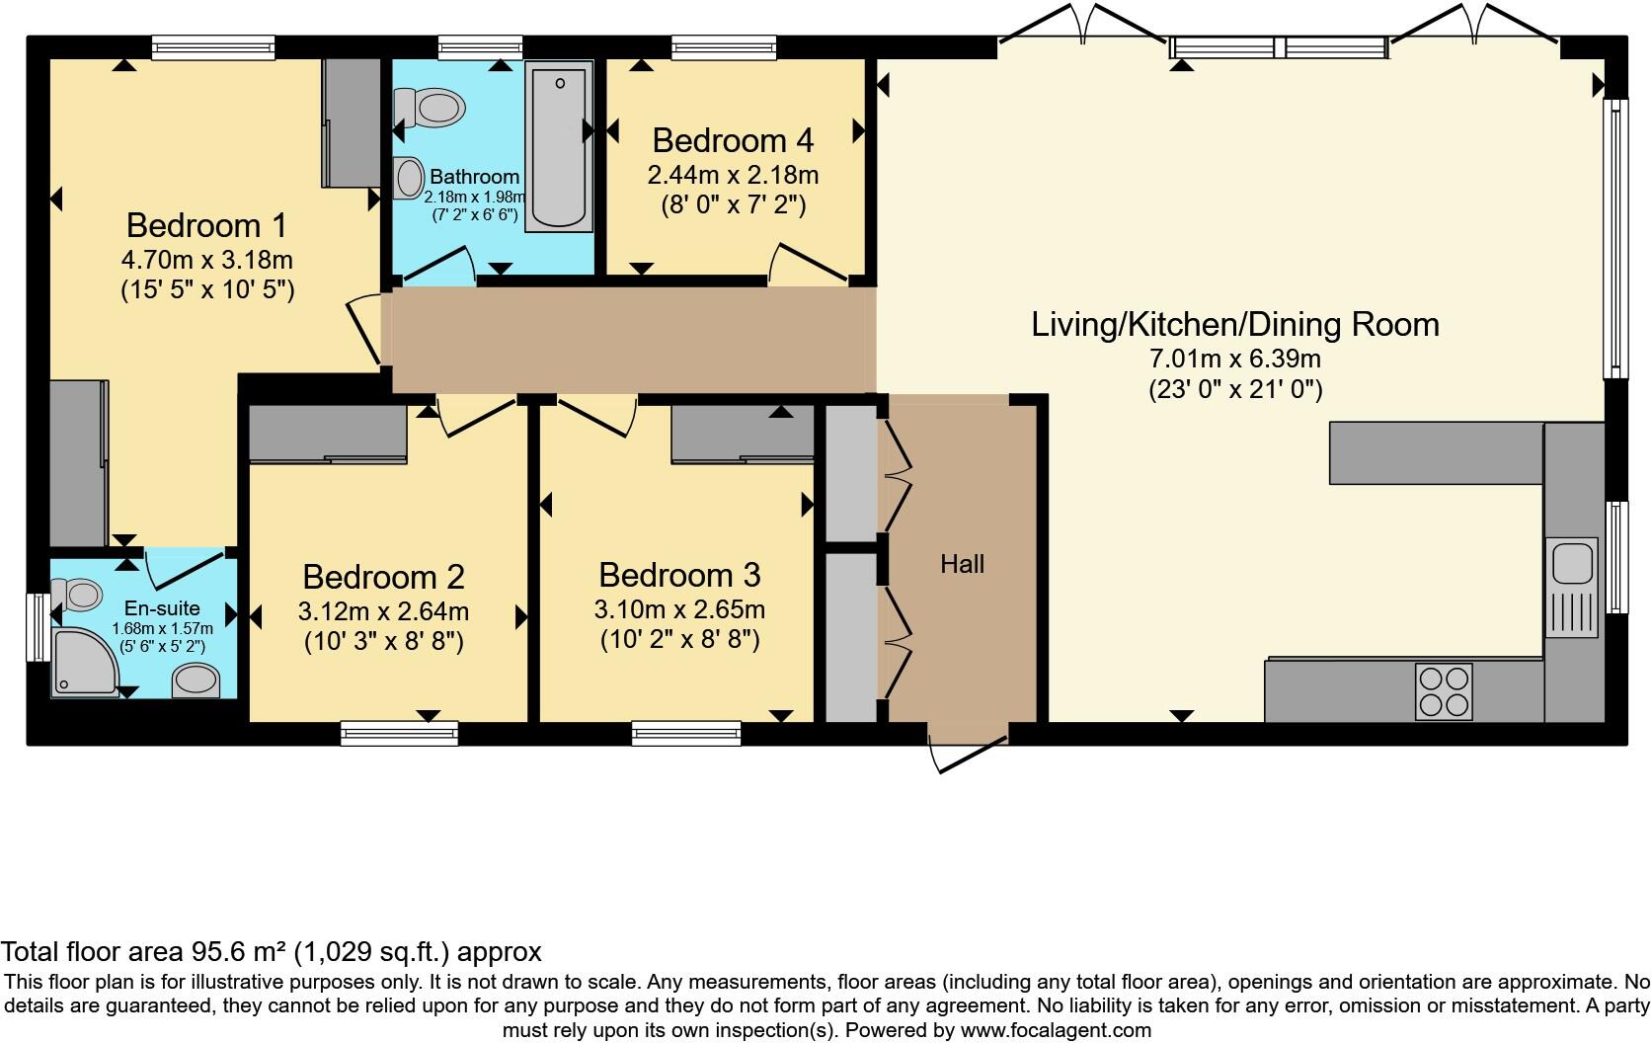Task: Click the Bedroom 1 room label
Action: pos(206,225)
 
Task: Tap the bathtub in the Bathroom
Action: pos(559,146)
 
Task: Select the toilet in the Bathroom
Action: pos(432,107)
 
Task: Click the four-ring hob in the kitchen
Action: pos(1444,690)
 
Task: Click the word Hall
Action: pos(962,564)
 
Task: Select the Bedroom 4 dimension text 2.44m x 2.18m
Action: pos(733,175)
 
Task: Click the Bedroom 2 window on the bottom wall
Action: pos(399,732)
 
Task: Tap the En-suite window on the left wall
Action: pos(38,627)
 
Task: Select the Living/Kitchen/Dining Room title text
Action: pos(1234,324)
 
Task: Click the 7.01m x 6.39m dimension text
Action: pos(1234,358)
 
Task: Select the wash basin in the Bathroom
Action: pos(406,179)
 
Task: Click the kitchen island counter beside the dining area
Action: pos(1435,452)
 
